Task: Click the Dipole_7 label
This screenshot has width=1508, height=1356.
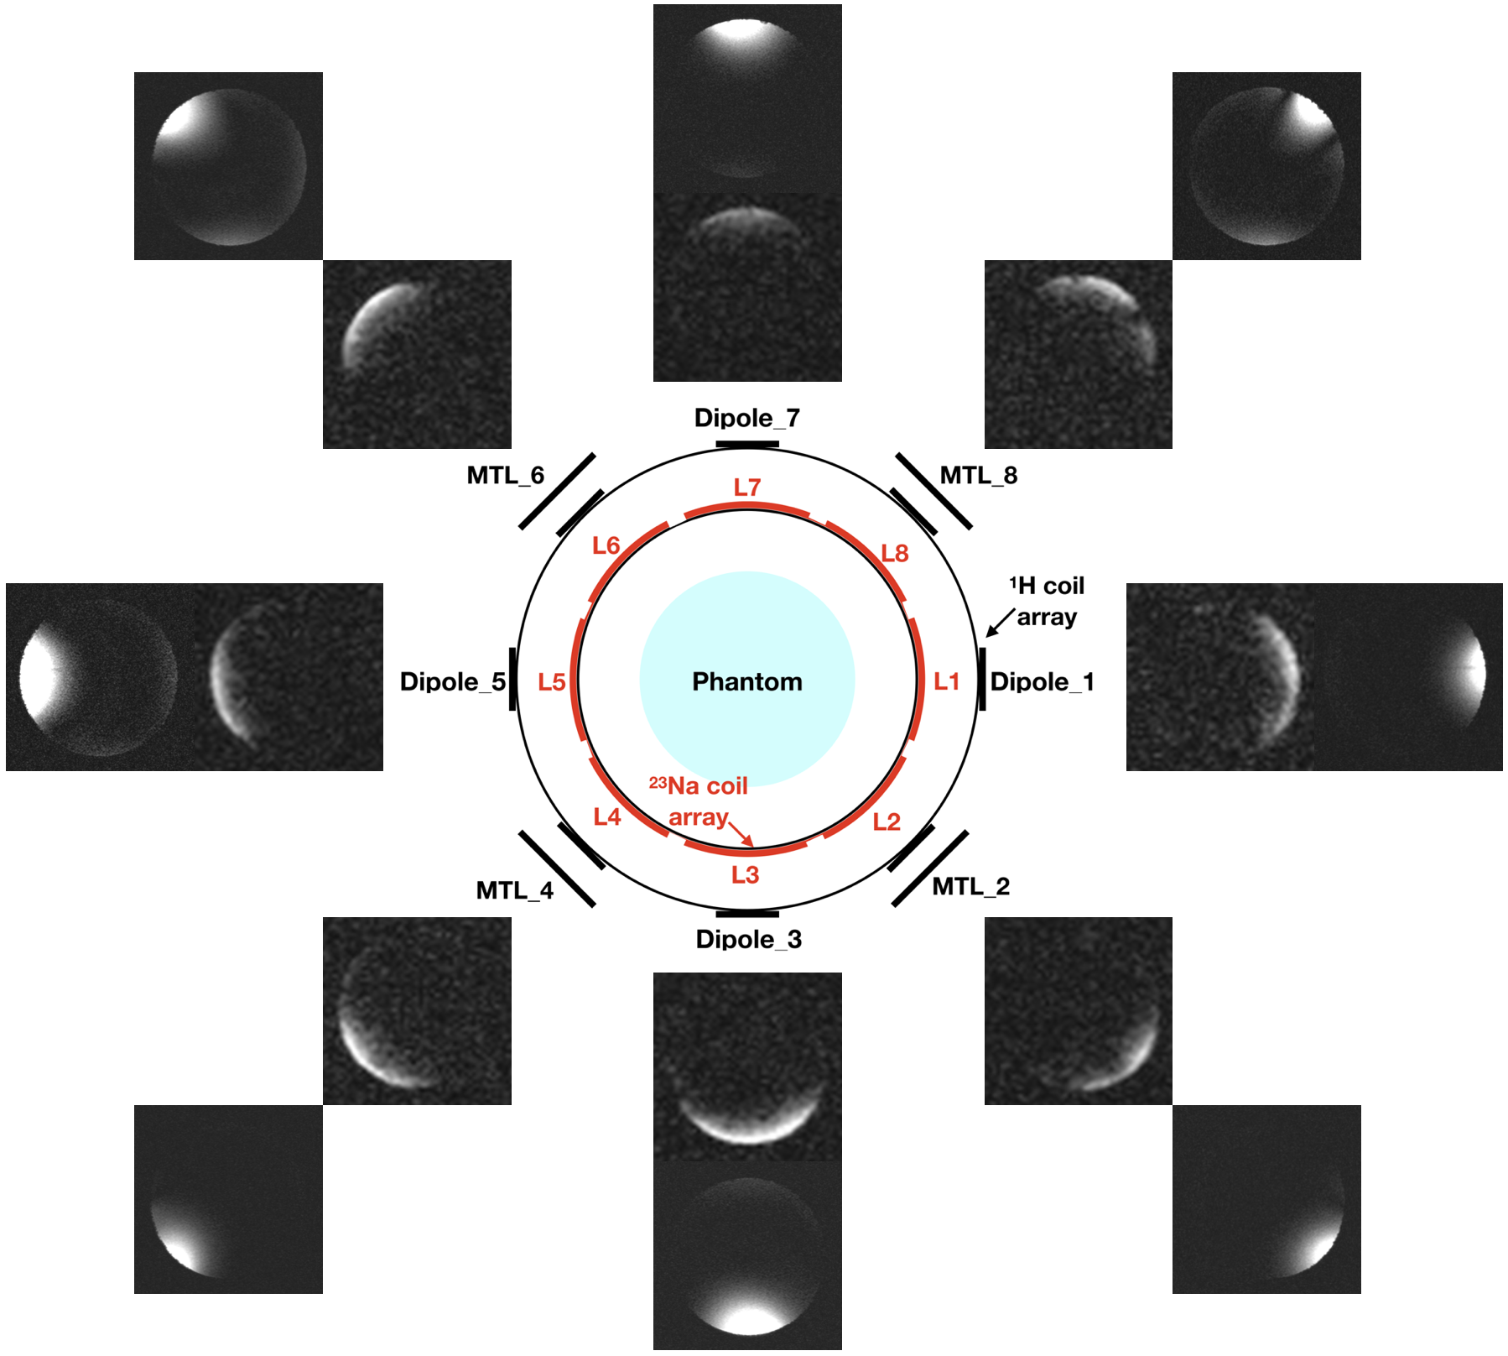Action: click(746, 418)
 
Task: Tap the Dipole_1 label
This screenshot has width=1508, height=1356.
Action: click(1042, 681)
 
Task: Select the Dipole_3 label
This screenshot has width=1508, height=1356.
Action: click(748, 939)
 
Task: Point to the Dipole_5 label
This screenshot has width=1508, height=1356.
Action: click(453, 681)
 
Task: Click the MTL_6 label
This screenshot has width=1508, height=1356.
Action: click(505, 476)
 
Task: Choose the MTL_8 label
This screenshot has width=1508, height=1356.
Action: click(978, 476)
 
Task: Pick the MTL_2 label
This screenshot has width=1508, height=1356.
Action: click(970, 886)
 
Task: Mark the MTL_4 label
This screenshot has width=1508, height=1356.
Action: click(514, 890)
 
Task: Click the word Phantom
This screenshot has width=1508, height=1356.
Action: click(746, 681)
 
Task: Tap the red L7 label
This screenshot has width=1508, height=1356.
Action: click(746, 488)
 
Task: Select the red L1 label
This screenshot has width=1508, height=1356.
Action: click(946, 681)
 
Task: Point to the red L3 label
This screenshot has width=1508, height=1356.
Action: click(745, 875)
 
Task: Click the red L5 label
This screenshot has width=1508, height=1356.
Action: click(551, 682)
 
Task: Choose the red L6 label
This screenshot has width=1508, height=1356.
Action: click(606, 546)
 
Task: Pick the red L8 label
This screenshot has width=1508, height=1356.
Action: click(894, 554)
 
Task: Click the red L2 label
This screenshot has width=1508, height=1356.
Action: click(886, 822)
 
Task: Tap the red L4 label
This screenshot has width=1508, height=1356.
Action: click(606, 817)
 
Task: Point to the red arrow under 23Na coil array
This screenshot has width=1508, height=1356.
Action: click(741, 833)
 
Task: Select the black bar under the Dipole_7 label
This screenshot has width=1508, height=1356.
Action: click(746, 444)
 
